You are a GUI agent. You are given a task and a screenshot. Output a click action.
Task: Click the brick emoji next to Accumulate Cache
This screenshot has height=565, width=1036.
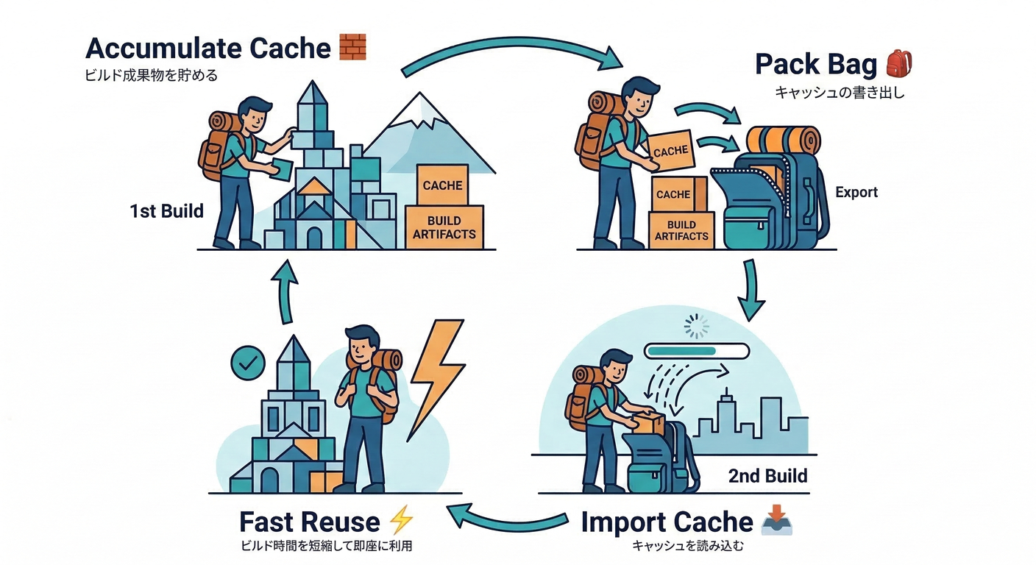pyautogui.click(x=352, y=47)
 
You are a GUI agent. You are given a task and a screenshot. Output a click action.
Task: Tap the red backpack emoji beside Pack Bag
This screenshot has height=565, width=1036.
pyautogui.click(x=898, y=64)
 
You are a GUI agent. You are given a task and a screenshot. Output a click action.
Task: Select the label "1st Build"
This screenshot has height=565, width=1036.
pyautogui.click(x=166, y=212)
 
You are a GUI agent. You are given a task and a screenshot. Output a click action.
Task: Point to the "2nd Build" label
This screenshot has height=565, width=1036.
pyautogui.click(x=767, y=475)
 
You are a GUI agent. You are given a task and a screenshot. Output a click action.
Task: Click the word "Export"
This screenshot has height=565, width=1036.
pyautogui.click(x=856, y=192)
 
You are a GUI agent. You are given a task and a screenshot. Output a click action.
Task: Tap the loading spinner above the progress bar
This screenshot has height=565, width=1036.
pyautogui.click(x=695, y=326)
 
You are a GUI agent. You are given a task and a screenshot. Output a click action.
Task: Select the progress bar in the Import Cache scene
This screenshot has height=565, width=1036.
pyautogui.click(x=695, y=351)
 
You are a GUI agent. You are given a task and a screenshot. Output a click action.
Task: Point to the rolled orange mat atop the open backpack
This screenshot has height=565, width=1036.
pyautogui.click(x=783, y=139)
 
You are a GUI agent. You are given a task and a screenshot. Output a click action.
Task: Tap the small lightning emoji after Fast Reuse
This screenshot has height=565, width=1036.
pyautogui.click(x=401, y=520)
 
